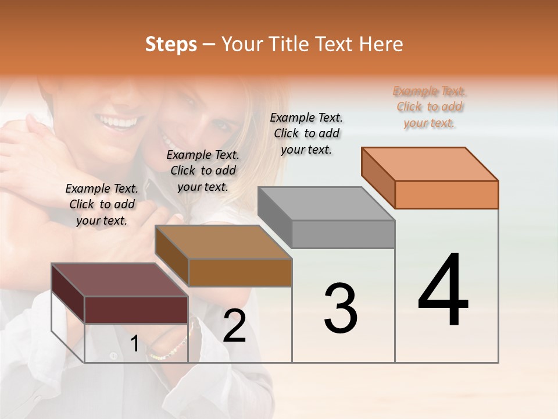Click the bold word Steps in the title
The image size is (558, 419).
171,44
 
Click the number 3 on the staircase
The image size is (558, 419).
341,308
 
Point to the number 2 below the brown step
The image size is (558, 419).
235,326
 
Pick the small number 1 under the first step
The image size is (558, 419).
134,344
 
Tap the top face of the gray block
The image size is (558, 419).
327,203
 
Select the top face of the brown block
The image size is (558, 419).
224,242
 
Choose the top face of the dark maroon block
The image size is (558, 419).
120,279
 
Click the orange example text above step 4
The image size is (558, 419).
430,106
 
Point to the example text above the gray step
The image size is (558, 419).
306,133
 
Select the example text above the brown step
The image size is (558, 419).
203,171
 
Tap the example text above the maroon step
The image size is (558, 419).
102,204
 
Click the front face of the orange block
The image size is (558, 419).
446,194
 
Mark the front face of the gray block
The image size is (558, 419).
343,234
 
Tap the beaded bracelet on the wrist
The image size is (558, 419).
169,349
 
